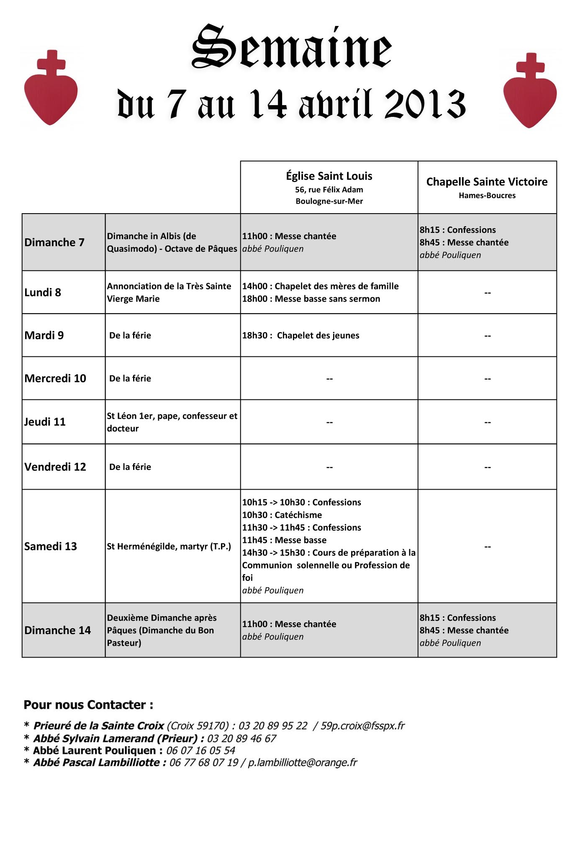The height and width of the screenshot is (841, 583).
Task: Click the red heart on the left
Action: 51,94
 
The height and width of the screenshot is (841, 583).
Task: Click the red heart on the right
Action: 530,97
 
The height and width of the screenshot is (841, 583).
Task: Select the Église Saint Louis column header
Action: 329,176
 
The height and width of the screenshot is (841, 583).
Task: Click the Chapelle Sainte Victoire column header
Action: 487,182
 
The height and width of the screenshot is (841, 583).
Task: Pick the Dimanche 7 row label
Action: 54,242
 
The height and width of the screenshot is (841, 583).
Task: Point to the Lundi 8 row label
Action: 43,292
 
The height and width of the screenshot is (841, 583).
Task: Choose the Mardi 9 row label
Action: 44,335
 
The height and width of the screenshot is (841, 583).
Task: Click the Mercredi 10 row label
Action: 55,379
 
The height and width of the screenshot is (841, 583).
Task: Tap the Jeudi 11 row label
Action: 45,422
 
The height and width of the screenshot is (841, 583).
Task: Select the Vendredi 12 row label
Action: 55,467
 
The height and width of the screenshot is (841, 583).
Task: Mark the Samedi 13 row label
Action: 51,547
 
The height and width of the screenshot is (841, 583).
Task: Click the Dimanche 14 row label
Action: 57,630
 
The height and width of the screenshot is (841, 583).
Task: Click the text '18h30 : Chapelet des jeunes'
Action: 300,335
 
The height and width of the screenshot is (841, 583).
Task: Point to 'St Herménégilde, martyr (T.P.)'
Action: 169,547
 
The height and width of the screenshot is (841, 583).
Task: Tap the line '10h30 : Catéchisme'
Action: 282,515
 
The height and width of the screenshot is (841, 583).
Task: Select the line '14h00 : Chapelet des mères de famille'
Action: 320,286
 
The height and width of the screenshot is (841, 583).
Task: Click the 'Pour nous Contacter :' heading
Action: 88,705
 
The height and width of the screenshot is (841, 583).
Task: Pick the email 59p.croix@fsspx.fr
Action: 362,726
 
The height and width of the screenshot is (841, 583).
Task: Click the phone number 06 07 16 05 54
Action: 200,751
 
